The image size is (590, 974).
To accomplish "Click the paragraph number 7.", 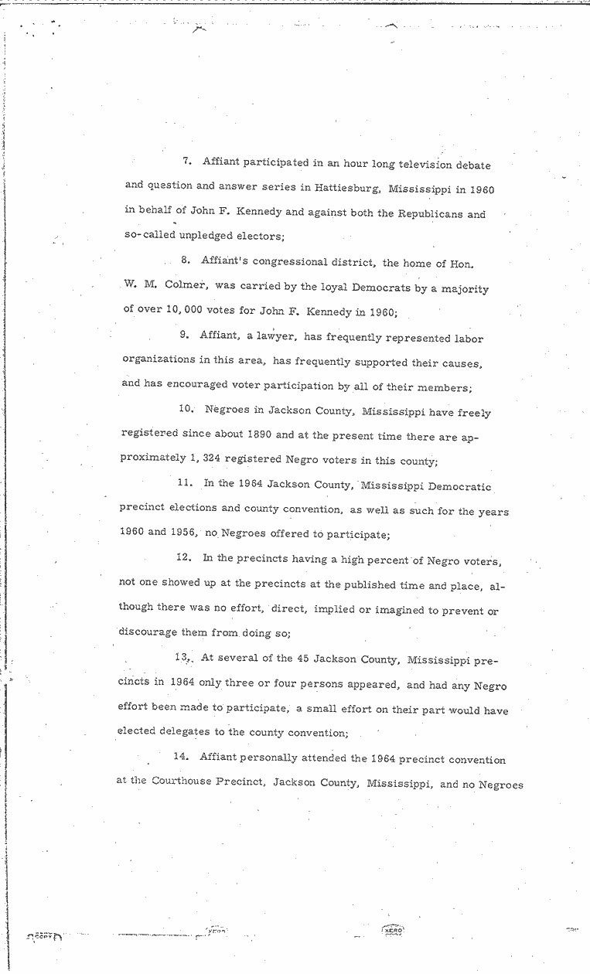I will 186,162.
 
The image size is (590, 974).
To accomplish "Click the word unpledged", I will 198,235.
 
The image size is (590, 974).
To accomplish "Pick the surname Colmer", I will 189,287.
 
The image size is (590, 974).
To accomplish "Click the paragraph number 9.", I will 184,335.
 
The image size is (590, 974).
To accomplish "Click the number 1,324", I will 202,461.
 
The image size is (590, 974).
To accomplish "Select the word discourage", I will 147,632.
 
